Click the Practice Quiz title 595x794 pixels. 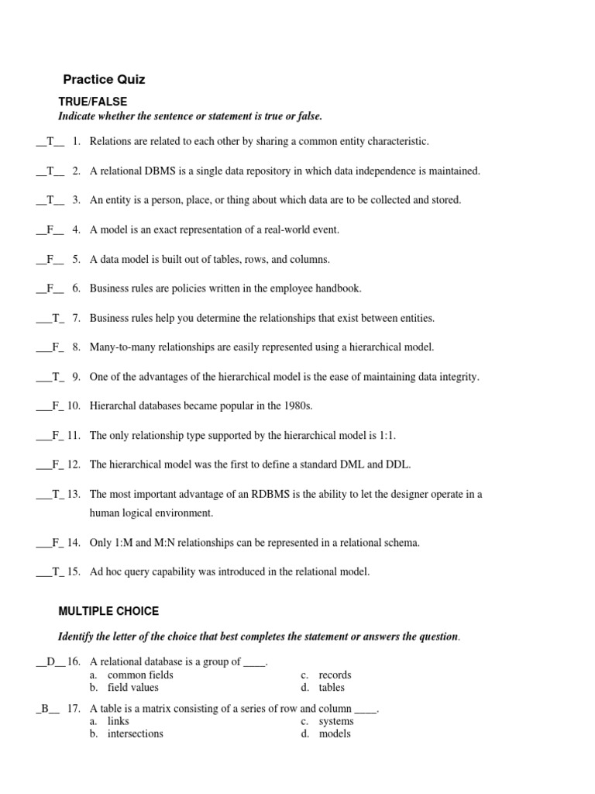pyautogui.click(x=104, y=79)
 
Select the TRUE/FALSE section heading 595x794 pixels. pyautogui.click(x=93, y=102)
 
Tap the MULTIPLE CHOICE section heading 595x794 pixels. pyautogui.click(x=108, y=612)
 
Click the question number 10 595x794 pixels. pyautogui.click(x=74, y=406)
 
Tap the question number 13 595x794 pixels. pyautogui.click(x=74, y=494)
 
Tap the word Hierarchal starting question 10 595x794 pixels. pyautogui.click(x=115, y=406)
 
